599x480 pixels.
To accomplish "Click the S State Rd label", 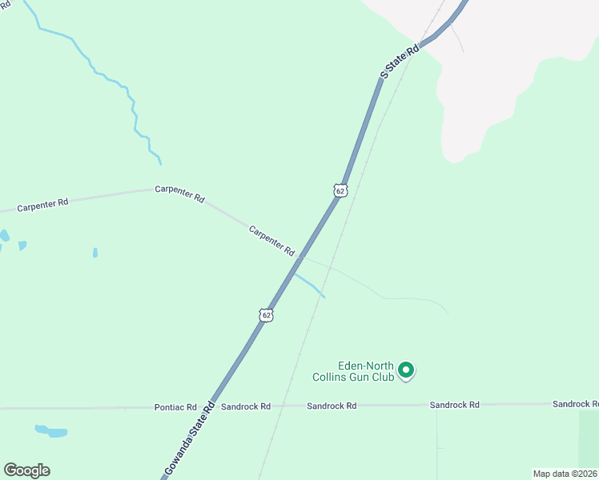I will (400, 62).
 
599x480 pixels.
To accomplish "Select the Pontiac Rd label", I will (175, 407).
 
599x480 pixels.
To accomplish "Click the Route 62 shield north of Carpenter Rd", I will (340, 190).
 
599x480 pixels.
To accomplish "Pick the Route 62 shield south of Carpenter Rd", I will (267, 315).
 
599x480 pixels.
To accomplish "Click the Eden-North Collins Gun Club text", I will (354, 371).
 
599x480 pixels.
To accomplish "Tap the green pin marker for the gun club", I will (406, 370).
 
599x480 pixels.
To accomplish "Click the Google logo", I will (26, 470).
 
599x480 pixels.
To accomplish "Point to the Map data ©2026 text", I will (565, 474).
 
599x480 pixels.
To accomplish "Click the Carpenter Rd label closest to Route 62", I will (271, 241).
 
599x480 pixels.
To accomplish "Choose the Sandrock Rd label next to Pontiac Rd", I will (246, 406).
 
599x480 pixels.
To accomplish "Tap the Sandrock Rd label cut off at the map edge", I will (575, 404).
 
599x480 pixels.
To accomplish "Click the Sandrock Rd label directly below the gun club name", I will (332, 406).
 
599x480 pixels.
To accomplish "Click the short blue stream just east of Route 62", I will (310, 285).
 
